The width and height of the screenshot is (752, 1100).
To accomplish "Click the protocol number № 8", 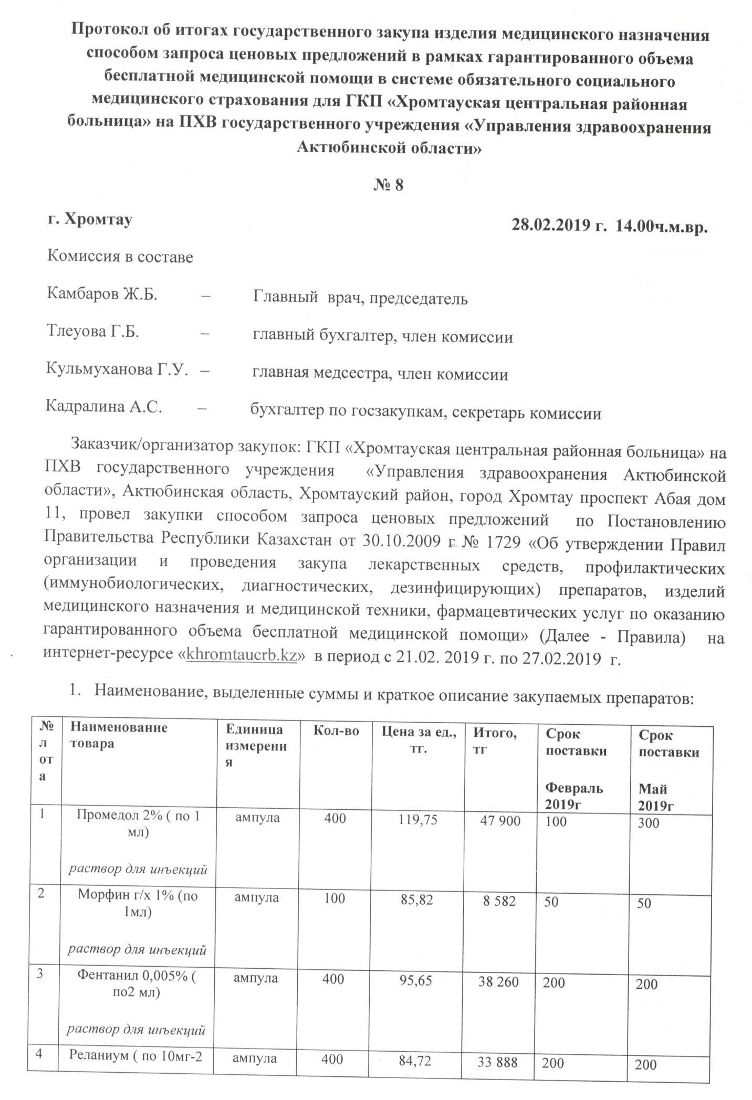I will (x=388, y=186).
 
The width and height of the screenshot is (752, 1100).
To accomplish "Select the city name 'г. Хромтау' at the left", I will (x=90, y=219).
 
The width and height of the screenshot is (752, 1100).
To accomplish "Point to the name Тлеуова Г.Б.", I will (x=93, y=332).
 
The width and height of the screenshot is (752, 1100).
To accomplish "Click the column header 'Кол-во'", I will (x=336, y=730).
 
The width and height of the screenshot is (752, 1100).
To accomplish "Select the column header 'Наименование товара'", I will (x=119, y=735).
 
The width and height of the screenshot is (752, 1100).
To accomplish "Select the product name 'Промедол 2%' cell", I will (x=138, y=822).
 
